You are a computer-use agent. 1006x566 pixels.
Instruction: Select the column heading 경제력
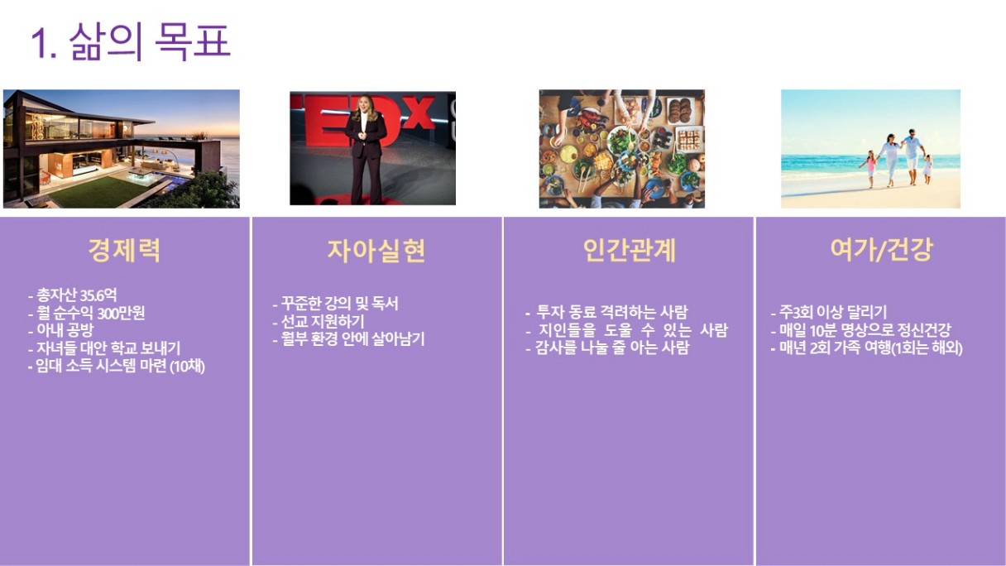point(124,250)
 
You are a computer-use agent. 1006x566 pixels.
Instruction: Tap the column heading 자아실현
point(376,250)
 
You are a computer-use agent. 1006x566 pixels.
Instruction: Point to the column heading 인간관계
point(629,250)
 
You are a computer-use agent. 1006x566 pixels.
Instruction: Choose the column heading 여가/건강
point(881,250)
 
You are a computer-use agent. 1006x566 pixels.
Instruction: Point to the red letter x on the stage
point(420,112)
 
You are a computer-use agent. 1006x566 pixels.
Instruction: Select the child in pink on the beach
point(870,169)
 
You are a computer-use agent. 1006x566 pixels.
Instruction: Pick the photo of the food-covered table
point(622,149)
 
